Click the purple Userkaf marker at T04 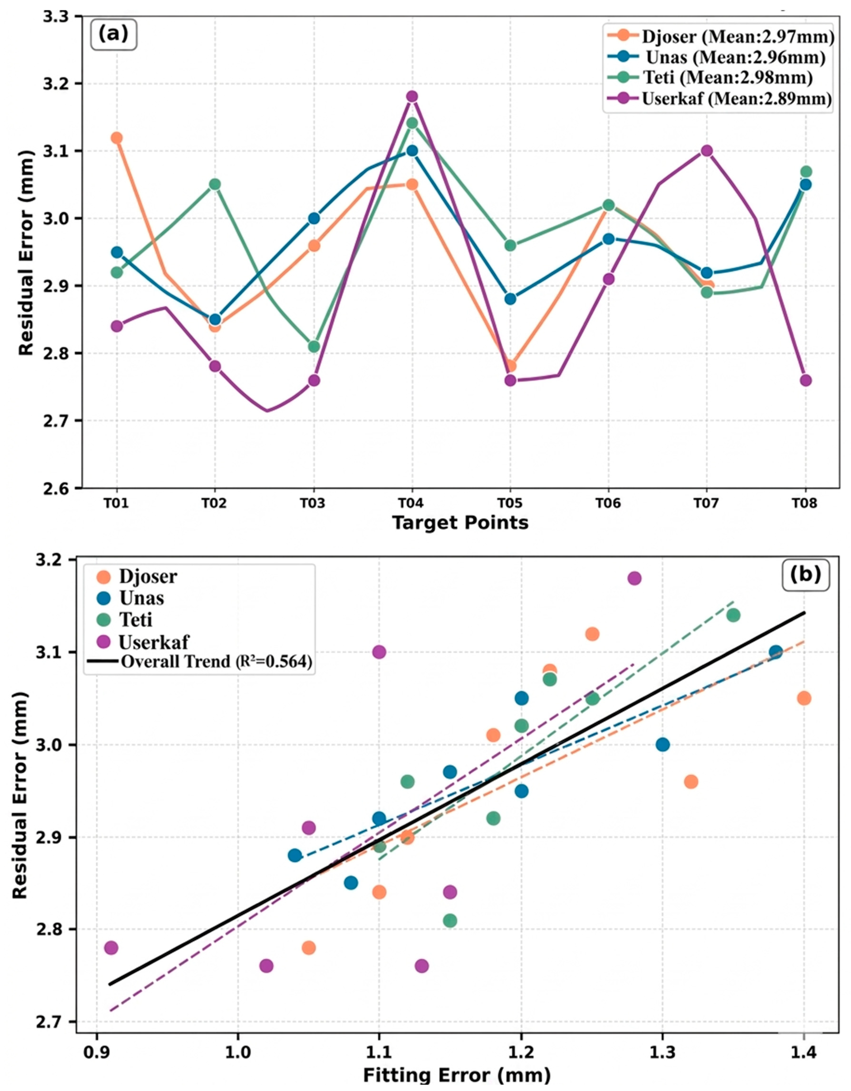[x=412, y=97]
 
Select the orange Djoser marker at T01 [x=116, y=138]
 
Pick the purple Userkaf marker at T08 [x=805, y=380]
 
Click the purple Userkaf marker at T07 [x=706, y=150]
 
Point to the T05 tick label [x=510, y=503]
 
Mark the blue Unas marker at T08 [x=805, y=184]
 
